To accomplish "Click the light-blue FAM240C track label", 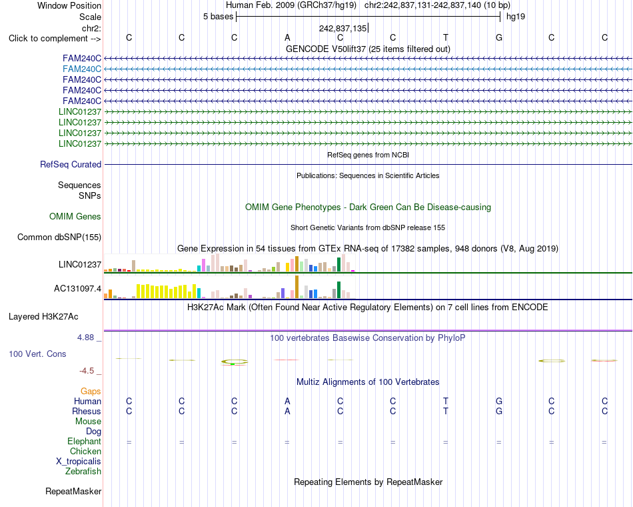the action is [x=82, y=69].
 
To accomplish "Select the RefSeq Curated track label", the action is [x=71, y=165].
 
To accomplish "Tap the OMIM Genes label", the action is [x=75, y=216].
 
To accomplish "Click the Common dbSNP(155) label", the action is [x=59, y=237].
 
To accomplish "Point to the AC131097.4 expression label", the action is [x=77, y=289].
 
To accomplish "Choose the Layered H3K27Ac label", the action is [x=43, y=317].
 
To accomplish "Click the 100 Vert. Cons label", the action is [x=37, y=354].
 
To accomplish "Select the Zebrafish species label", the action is [x=83, y=471].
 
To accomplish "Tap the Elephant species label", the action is [x=85, y=441].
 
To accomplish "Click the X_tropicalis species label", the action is [x=79, y=462].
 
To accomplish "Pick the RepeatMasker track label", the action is [x=73, y=491].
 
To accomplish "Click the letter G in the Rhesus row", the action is [x=499, y=411].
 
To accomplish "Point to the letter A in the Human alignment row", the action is [x=287, y=401].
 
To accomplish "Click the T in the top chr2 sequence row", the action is [x=446, y=37].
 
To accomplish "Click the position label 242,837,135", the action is [x=342, y=28].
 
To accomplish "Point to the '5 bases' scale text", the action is [x=218, y=17].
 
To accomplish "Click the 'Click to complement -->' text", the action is [x=55, y=39].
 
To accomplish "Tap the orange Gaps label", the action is [x=91, y=391].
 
